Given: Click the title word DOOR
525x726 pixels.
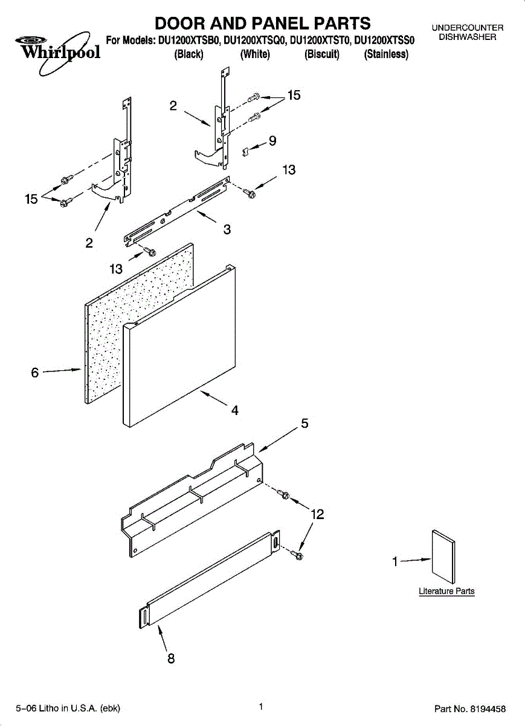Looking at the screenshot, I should pyautogui.click(x=180, y=24).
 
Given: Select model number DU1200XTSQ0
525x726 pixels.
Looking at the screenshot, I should pyautogui.click(x=255, y=41).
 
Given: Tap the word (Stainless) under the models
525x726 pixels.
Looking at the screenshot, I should pyautogui.click(x=386, y=54).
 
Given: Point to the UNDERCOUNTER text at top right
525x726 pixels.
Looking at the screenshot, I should pyautogui.click(x=468, y=28).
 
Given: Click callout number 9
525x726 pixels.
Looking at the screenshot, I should pyautogui.click(x=272, y=141).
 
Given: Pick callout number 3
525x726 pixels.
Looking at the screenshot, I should pyautogui.click(x=227, y=230).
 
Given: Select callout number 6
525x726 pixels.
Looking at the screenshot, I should pyautogui.click(x=35, y=373).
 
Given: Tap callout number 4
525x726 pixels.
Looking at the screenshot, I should pyautogui.click(x=234, y=410).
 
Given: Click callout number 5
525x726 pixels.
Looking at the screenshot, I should pyautogui.click(x=305, y=423).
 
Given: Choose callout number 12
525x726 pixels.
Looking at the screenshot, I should pyautogui.click(x=317, y=514).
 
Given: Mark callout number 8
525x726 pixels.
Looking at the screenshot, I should pyautogui.click(x=171, y=659).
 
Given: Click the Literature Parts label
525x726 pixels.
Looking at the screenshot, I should pyautogui.click(x=446, y=591).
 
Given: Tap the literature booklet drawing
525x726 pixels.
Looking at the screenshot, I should pyautogui.click(x=443, y=555).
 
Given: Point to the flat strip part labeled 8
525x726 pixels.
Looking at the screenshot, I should pyautogui.click(x=208, y=578).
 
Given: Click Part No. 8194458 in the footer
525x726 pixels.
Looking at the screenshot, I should pyautogui.click(x=469, y=708).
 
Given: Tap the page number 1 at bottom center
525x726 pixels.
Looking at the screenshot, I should pyautogui.click(x=260, y=706).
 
